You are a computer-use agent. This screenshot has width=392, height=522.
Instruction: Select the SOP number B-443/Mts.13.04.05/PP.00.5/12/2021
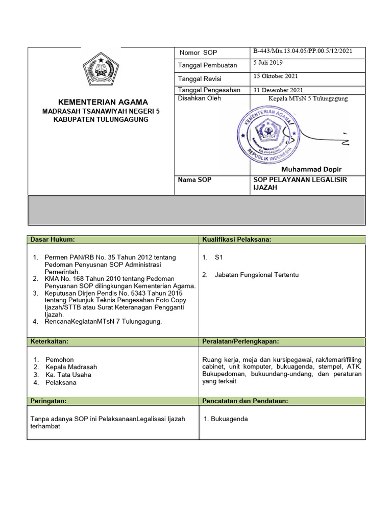click(x=302, y=51)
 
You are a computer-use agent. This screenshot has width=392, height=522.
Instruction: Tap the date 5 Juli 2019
click(x=268, y=63)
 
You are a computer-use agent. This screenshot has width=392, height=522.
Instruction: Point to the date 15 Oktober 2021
click(x=275, y=76)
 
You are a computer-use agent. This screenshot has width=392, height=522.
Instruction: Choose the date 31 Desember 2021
click(x=278, y=90)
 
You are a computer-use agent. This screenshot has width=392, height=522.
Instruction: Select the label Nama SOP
click(x=194, y=180)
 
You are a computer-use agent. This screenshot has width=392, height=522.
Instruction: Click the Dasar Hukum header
click(x=53, y=239)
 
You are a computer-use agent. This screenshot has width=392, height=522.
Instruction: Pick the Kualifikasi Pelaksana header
click(x=236, y=239)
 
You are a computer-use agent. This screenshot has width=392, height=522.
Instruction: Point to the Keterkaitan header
click(x=50, y=341)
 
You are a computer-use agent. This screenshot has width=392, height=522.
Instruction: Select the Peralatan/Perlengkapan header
click(x=240, y=341)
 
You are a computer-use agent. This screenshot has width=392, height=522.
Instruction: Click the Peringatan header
click(x=49, y=401)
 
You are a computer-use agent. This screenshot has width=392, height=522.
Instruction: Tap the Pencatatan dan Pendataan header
click(x=245, y=401)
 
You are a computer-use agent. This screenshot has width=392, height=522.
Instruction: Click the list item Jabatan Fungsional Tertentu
click(x=257, y=275)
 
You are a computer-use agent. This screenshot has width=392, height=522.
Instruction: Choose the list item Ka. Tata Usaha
click(x=68, y=375)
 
